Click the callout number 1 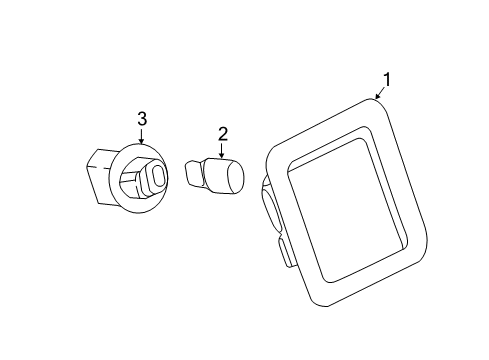(387, 79)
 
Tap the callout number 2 (223, 134)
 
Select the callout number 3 (142, 119)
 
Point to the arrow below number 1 (381, 93)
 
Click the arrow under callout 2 (221, 150)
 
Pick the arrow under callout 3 (142, 136)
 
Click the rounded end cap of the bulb (235, 177)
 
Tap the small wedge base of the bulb (194, 172)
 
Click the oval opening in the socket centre (158, 177)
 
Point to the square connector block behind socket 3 (100, 176)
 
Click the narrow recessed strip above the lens (328, 147)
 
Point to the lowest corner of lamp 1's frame (325, 306)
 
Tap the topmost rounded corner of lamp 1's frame (373, 100)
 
